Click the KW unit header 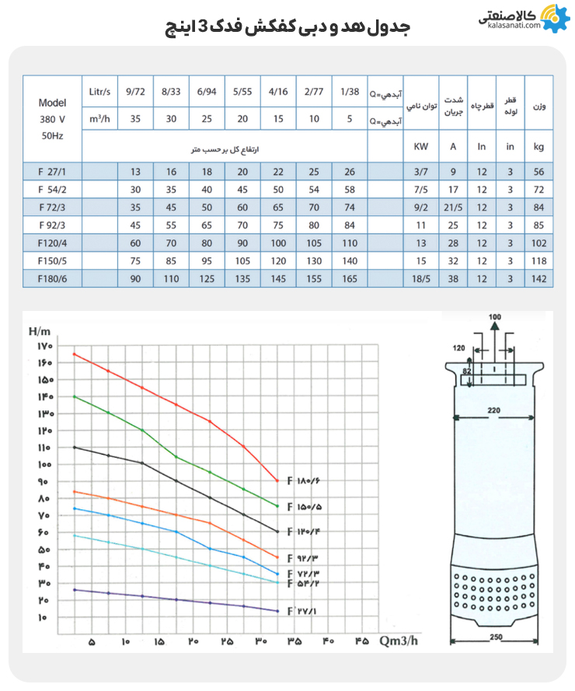click(x=420, y=145)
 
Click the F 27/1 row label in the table click(x=52, y=172)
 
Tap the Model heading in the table click(x=52, y=103)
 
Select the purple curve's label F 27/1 click(x=303, y=612)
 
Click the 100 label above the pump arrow click(x=494, y=317)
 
